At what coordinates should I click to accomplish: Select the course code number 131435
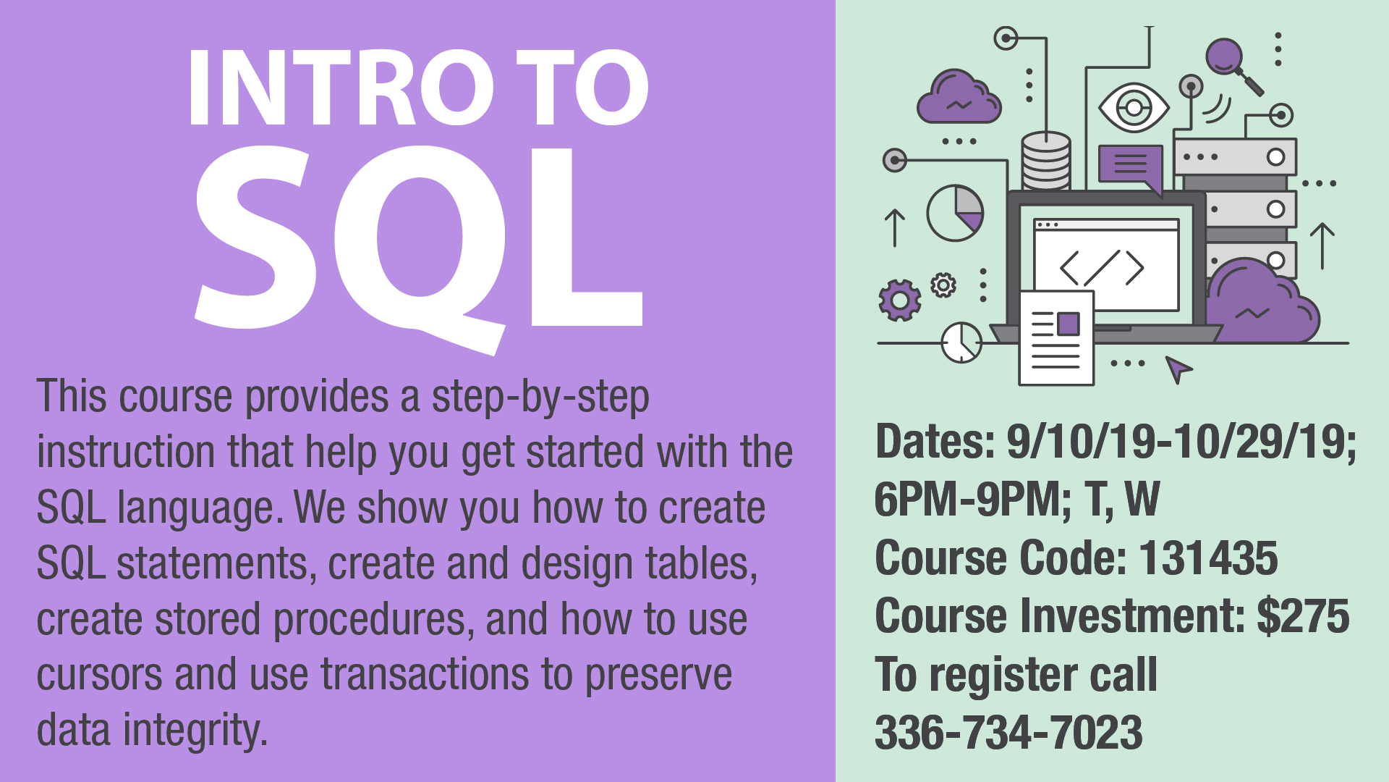1208,558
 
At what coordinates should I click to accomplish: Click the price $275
1303,616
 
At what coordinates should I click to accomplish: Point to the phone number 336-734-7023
1008,732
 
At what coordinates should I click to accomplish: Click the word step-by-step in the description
540,398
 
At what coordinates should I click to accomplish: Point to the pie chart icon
956,213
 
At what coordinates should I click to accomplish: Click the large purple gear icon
900,300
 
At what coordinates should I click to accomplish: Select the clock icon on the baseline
961,342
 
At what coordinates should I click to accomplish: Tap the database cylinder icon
1045,161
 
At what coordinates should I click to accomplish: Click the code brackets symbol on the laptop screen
1102,268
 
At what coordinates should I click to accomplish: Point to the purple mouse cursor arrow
1178,369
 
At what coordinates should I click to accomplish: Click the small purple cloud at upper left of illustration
959,97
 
